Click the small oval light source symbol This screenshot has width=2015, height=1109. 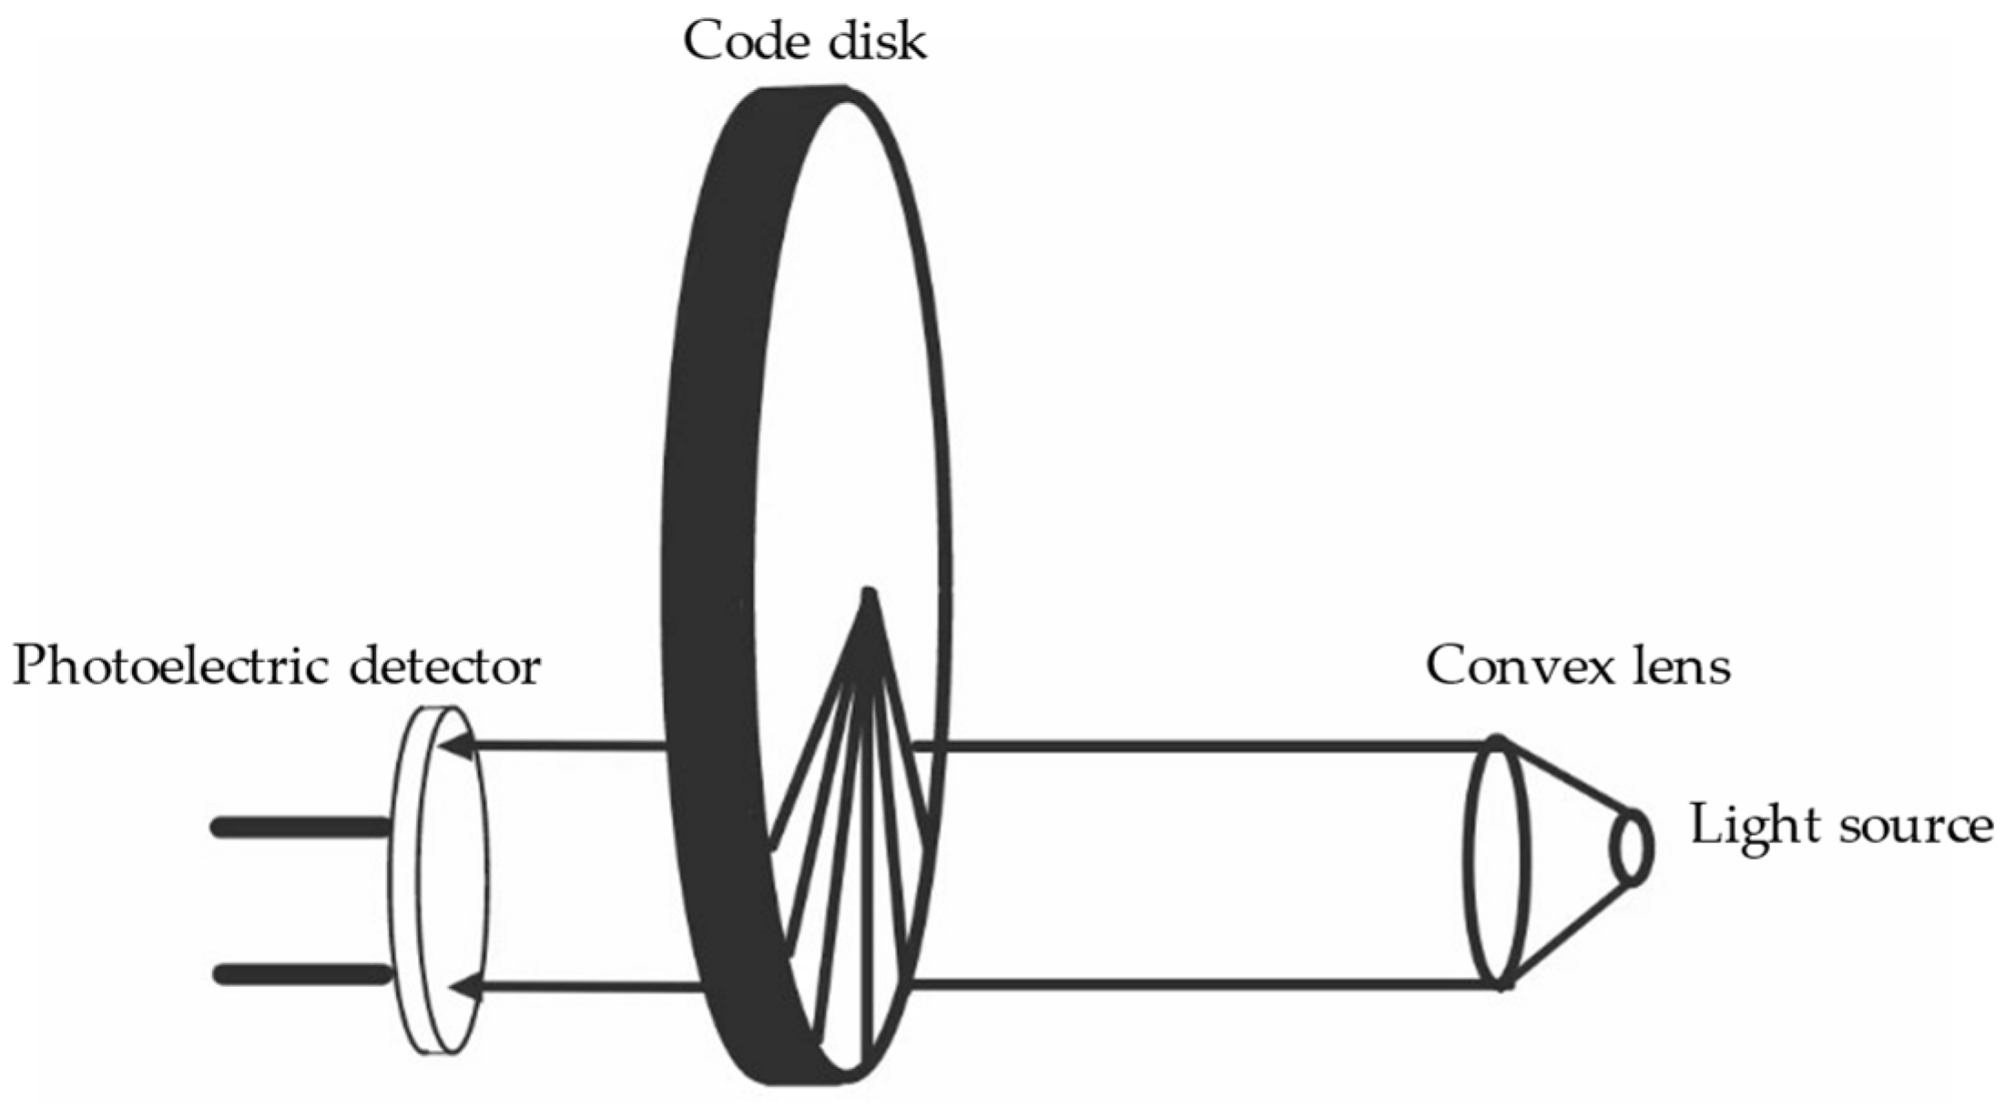1632,847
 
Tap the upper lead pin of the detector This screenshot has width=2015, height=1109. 300,827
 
